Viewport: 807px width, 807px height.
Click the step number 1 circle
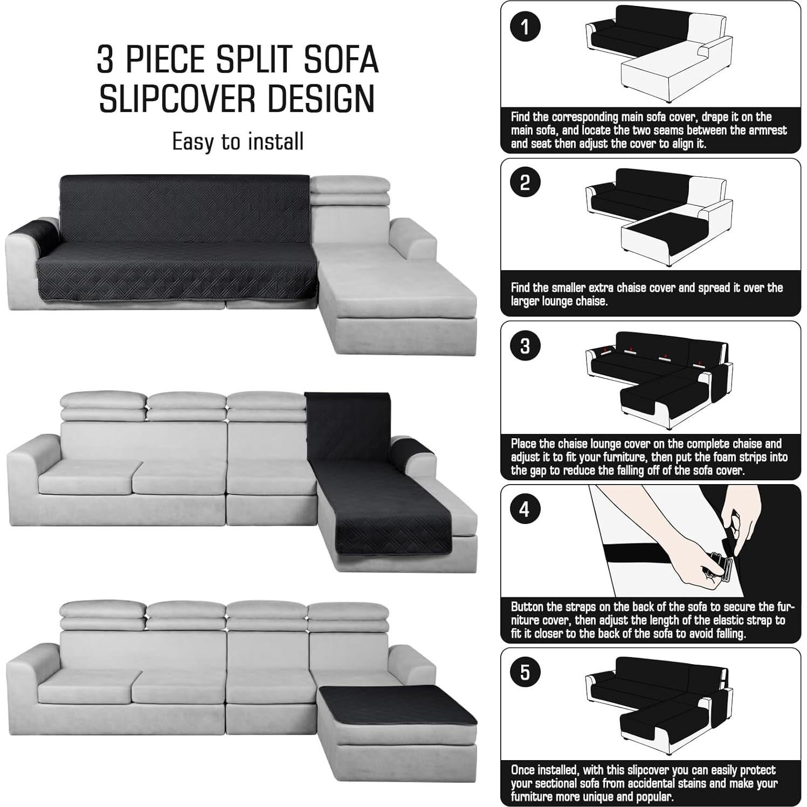click(x=525, y=26)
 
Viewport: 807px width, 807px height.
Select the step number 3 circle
click(x=525, y=346)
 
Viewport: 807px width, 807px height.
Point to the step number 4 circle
click(x=525, y=509)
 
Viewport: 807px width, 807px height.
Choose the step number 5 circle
click(x=525, y=672)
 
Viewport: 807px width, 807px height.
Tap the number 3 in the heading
click(x=106, y=59)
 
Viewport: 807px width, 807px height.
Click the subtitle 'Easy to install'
click(x=238, y=141)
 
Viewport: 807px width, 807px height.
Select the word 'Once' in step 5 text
click(x=524, y=770)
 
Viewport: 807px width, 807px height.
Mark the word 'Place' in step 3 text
click(x=524, y=444)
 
